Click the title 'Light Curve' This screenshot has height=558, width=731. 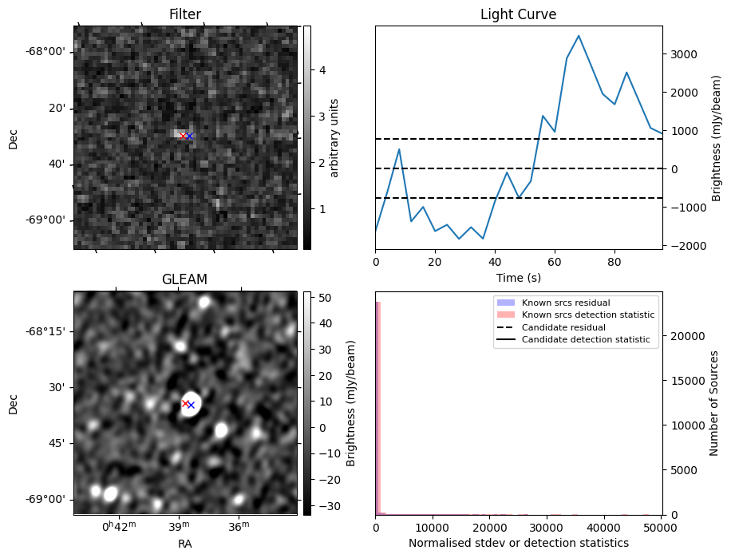pyautogui.click(x=518, y=14)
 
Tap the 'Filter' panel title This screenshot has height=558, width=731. pyautogui.click(x=185, y=14)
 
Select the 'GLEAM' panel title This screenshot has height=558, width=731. pyautogui.click(x=185, y=279)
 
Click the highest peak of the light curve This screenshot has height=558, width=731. pyautogui.click(x=579, y=36)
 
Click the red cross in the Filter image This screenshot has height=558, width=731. pyautogui.click(x=183, y=136)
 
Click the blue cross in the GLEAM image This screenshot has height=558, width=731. pyautogui.click(x=191, y=406)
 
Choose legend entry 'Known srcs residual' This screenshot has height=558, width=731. pyautogui.click(x=565, y=303)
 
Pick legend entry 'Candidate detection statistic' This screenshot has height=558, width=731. pyautogui.click(x=586, y=340)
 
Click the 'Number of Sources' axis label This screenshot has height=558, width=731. pyautogui.click(x=714, y=403)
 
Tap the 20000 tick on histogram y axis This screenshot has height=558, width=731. pyautogui.click(x=684, y=336)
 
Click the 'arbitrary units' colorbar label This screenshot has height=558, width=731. pyautogui.click(x=334, y=137)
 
